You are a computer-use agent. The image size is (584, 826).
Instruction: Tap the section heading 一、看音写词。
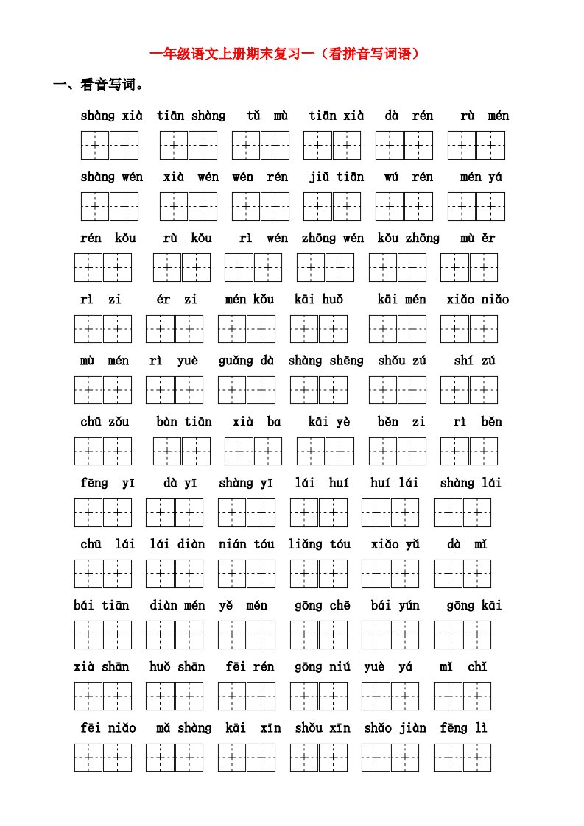pyautogui.click(x=98, y=85)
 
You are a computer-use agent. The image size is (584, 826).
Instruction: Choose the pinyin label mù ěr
pyautogui.click(x=478, y=238)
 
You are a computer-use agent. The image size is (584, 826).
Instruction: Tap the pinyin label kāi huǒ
pyautogui.click(x=318, y=299)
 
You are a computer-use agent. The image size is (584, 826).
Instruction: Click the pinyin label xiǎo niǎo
pyautogui.click(x=477, y=299)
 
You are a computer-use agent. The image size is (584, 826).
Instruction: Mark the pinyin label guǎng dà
pyautogui.click(x=246, y=360)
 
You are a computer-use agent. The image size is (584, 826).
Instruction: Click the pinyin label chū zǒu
pyautogui.click(x=105, y=422)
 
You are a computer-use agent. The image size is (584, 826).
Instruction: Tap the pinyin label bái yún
pyautogui.click(x=395, y=605)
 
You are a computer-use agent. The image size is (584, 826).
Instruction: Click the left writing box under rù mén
pyautogui.click(x=462, y=145)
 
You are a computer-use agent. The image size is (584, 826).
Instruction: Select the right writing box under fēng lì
pyautogui.click(x=476, y=757)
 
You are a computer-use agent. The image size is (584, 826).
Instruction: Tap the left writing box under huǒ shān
pyautogui.click(x=160, y=696)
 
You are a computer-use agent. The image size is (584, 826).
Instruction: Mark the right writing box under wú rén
pyautogui.click(x=418, y=206)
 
